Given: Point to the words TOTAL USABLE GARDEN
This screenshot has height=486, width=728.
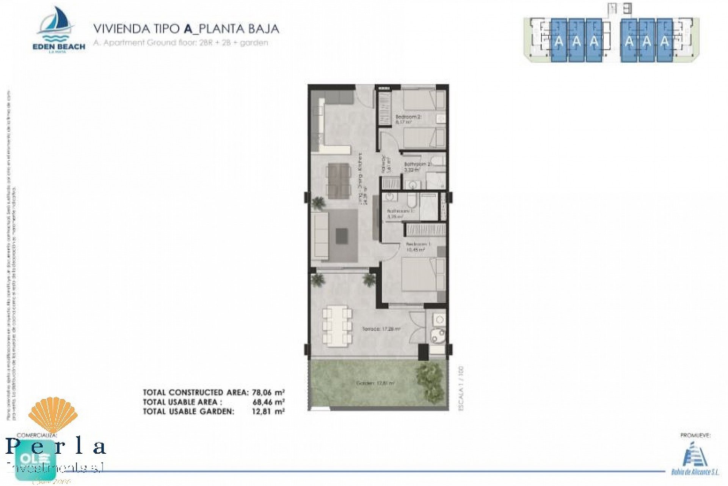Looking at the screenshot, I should pos(188,412).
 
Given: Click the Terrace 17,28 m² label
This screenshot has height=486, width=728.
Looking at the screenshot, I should pos(381,329).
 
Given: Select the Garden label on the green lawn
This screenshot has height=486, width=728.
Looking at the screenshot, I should pos(375,383).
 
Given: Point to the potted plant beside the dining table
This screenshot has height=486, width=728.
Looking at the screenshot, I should pos(318,203).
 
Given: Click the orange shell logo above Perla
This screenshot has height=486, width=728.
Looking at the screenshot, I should pos(53,415).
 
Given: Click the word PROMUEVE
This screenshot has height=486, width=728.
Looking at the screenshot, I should pos(695,436).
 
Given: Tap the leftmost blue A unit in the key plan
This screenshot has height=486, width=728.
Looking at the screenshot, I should pos(559,40).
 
